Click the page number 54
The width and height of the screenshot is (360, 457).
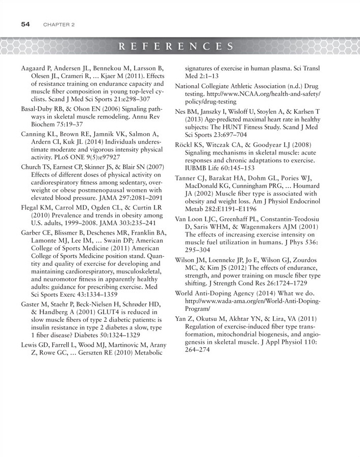pyautogui.click(x=27, y=24)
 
